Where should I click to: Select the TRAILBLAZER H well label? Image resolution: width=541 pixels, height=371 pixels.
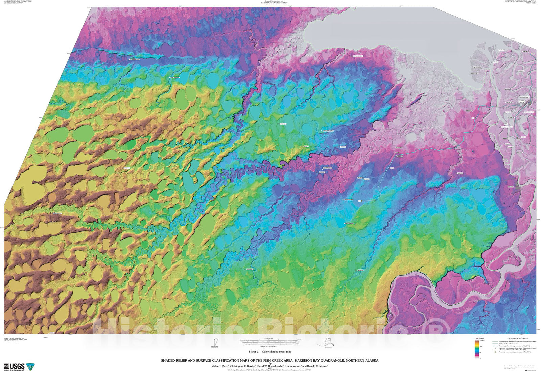click(135, 59)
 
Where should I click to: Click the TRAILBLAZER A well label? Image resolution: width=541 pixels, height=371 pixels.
click(174, 78)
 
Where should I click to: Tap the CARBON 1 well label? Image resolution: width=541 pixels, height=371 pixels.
click(321, 172)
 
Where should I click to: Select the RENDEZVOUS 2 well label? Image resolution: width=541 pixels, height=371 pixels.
click(349, 224)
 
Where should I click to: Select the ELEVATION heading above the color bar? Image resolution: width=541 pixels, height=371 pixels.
click(480, 338)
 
